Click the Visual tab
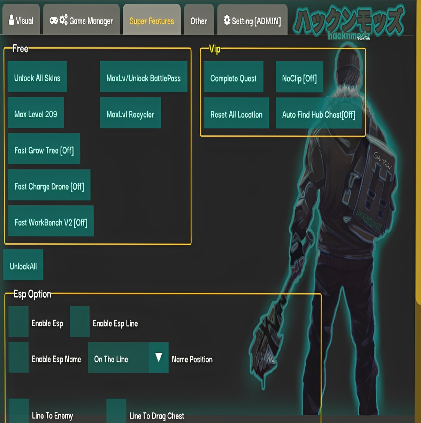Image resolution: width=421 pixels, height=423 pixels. [x=21, y=21]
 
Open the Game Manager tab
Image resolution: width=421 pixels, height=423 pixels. [x=81, y=21]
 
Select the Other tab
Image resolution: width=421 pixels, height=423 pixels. [x=199, y=21]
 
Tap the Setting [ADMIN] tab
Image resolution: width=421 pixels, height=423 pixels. [x=252, y=21]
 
